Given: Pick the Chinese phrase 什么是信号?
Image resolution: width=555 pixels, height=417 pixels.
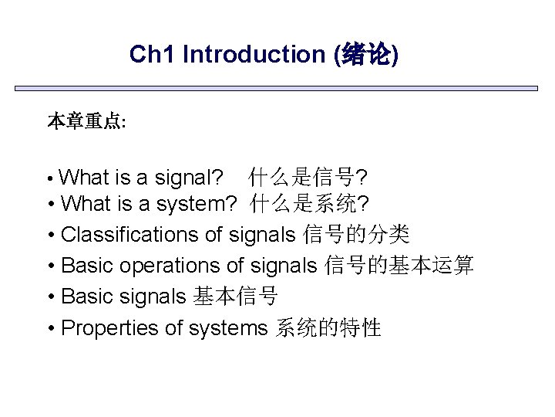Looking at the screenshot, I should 308,178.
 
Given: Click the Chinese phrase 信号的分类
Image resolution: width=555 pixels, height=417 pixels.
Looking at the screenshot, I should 356,235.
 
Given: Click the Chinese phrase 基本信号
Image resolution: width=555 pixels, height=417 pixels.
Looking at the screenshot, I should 235,297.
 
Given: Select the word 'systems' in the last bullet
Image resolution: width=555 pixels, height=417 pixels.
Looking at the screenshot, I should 228,327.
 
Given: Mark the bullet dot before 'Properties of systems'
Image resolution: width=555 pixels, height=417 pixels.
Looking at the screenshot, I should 50,328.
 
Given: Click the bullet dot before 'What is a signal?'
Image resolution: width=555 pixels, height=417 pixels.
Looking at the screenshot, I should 50,179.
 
